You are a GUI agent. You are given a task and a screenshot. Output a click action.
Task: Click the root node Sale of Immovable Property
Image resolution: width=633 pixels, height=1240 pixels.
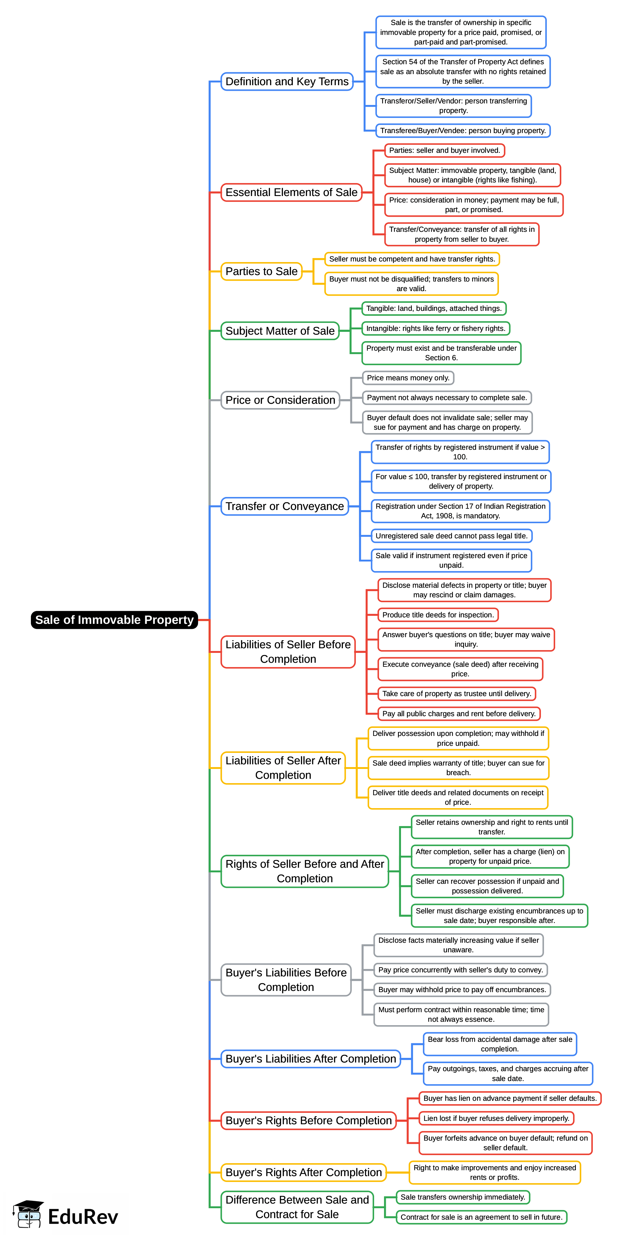[x=114, y=620]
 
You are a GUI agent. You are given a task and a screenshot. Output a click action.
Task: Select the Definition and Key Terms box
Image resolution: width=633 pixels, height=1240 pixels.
[x=287, y=82]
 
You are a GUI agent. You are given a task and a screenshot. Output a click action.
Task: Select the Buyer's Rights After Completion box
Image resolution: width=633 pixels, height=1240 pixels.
[x=303, y=1172]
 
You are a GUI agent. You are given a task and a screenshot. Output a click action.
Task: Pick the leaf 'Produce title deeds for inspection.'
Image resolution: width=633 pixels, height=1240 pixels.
[x=437, y=615]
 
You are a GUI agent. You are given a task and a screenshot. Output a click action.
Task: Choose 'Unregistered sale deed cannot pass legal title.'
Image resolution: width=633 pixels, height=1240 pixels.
[x=451, y=536]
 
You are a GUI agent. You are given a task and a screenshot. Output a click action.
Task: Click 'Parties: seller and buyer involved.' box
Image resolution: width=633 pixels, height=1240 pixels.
[x=444, y=151]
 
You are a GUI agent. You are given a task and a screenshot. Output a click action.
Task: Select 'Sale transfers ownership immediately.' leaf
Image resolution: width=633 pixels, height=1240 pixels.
[x=462, y=1197]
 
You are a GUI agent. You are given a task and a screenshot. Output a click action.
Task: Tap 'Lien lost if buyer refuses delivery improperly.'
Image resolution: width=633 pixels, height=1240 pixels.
[x=496, y=1118]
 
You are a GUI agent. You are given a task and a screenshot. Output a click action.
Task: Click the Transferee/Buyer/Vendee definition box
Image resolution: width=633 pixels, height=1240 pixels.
[x=462, y=131]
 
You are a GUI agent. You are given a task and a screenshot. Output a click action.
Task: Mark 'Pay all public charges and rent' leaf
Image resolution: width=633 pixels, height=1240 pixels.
[x=459, y=713]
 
